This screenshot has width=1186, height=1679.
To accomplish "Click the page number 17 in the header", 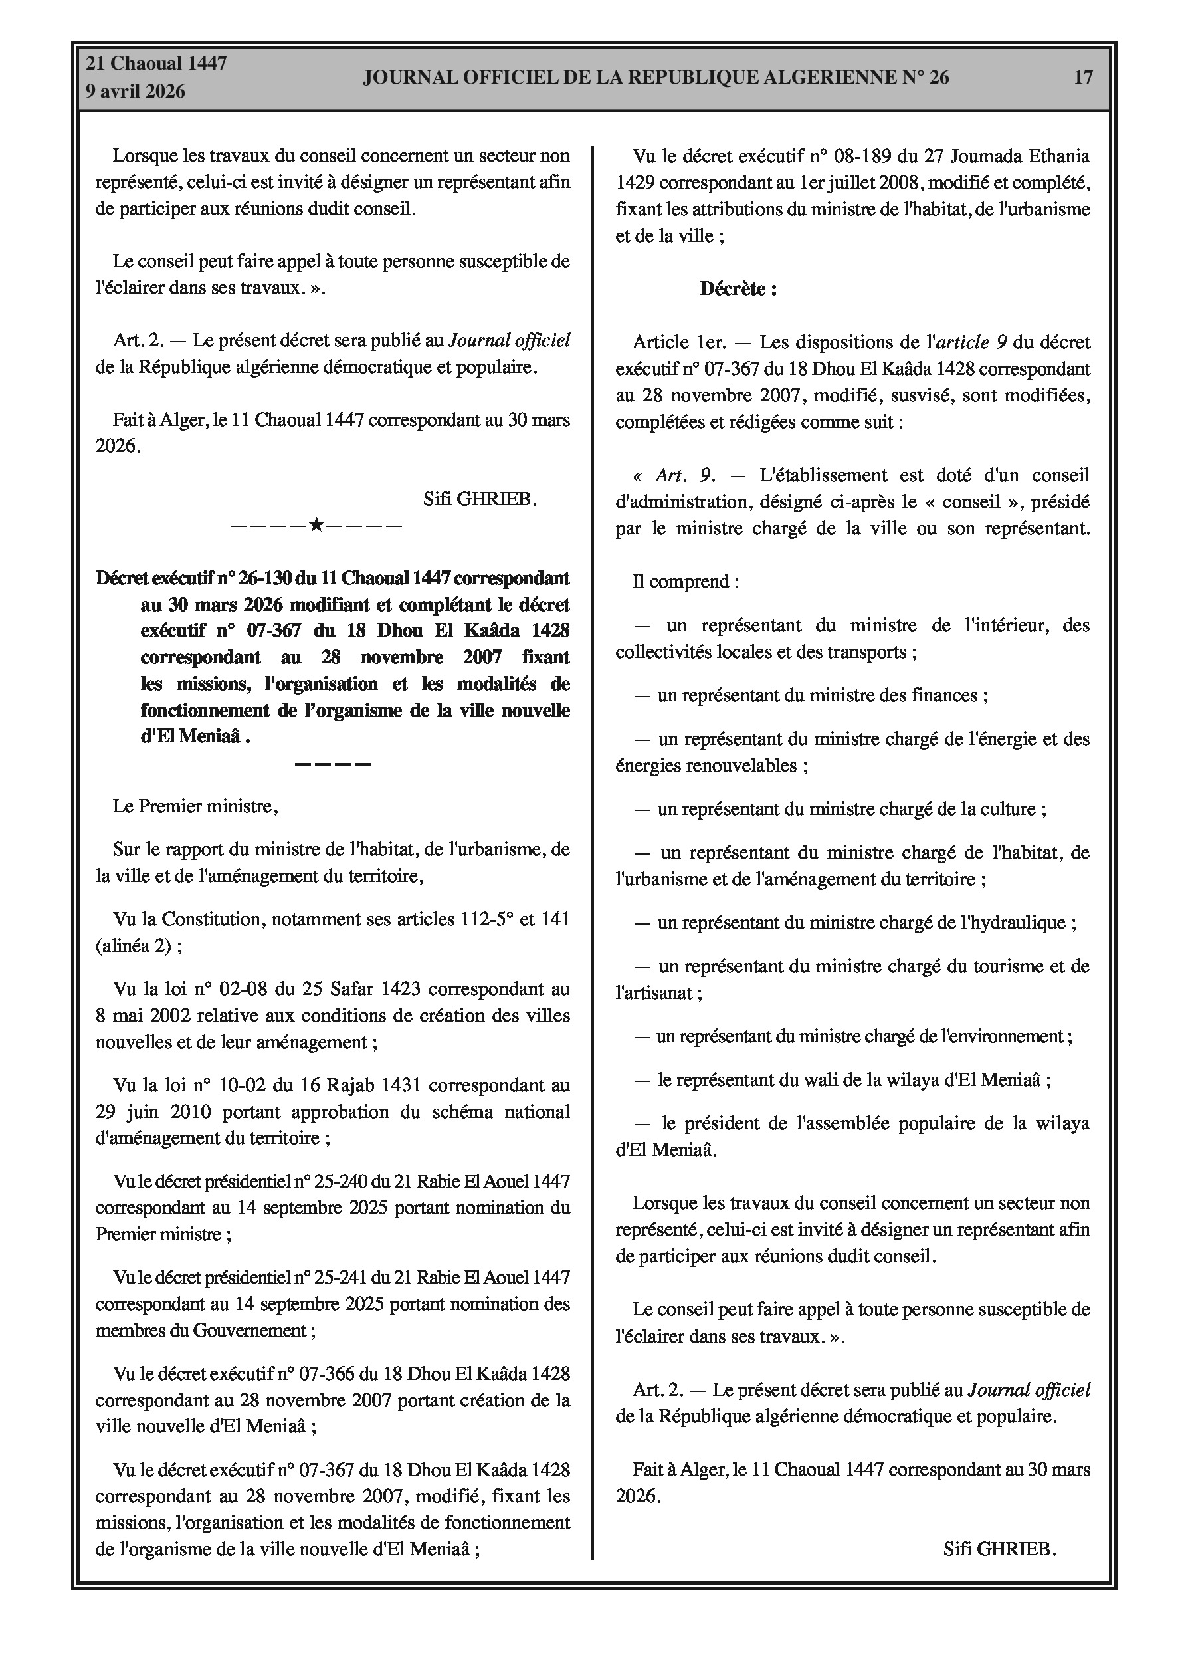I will coord(1083,78).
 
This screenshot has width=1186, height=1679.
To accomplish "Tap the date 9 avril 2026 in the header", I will coord(136,92).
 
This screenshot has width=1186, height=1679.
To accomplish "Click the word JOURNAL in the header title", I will coord(407,78).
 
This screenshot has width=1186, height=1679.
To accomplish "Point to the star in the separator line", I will coord(316,525).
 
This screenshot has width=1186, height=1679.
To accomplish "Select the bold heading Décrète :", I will coord(738,289).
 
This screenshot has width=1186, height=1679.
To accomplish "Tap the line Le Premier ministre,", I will coord(195,806).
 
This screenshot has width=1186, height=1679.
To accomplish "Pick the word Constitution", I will coord(213,919).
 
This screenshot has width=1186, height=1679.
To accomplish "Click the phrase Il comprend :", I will coord(686,582).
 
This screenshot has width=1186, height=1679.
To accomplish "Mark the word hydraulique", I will coord(1019,922).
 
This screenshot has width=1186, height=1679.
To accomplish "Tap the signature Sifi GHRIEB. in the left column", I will coord(480,499).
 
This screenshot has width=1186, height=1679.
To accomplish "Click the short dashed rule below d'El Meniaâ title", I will coord(333,764).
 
